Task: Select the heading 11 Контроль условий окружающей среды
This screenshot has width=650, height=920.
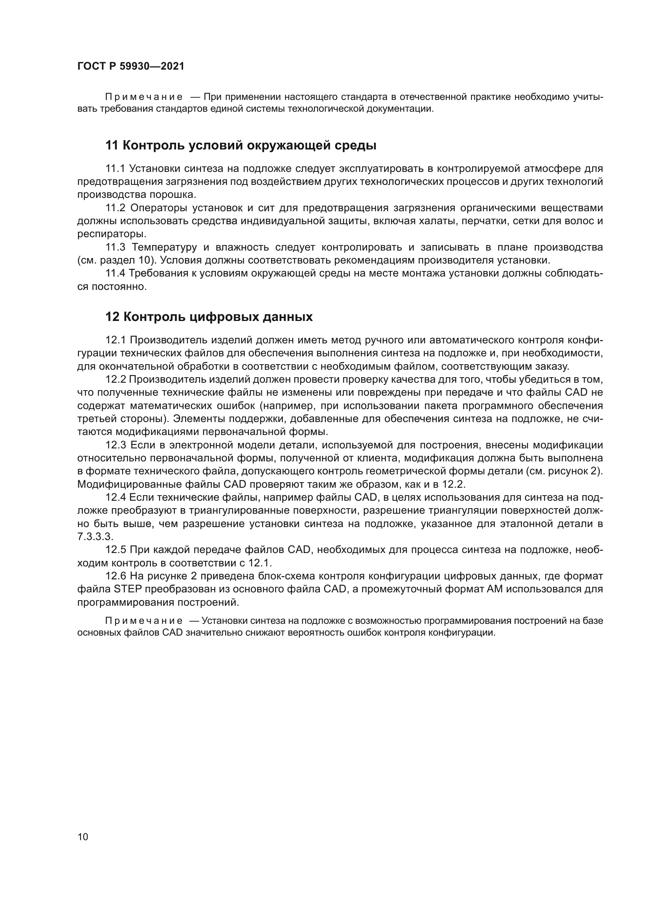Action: pos(241,146)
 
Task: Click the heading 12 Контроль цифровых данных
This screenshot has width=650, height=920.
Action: pos(209,317)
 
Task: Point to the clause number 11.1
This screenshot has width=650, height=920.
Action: pos(115,168)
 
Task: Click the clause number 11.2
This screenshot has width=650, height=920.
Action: pos(115,208)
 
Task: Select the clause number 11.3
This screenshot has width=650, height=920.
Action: pos(115,247)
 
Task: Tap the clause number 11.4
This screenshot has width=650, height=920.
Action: pos(115,273)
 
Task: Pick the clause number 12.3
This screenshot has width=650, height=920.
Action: pos(115,445)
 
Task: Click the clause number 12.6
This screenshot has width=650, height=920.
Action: pos(115,576)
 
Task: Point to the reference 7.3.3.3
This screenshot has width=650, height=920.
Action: pos(95,537)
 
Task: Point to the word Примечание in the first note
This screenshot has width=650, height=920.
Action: pos(144,97)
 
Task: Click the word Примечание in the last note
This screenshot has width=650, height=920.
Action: pos(144,621)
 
